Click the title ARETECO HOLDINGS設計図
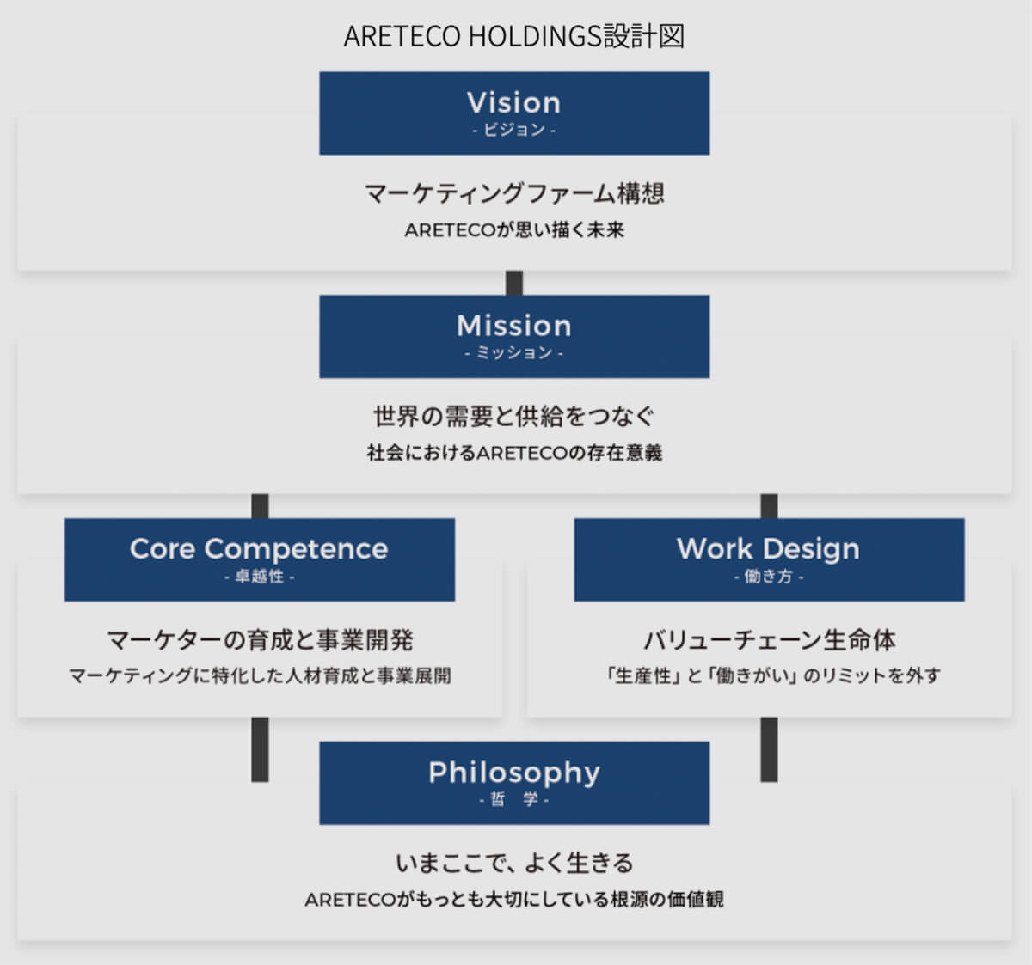514,36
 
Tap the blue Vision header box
514,113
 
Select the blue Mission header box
514,336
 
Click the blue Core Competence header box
259,559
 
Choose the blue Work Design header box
769,559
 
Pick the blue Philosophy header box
514,783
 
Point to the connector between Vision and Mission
514,283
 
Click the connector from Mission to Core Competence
260,506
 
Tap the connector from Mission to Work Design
769,506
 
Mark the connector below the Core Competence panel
260,749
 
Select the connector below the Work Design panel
769,749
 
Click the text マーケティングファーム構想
514,193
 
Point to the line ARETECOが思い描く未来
514,230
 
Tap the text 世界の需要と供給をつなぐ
514,417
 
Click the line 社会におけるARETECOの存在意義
514,453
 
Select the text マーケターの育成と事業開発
260,640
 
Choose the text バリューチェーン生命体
769,640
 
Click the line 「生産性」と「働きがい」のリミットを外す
771,676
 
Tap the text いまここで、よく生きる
514,863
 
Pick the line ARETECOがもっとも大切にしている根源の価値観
514,900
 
